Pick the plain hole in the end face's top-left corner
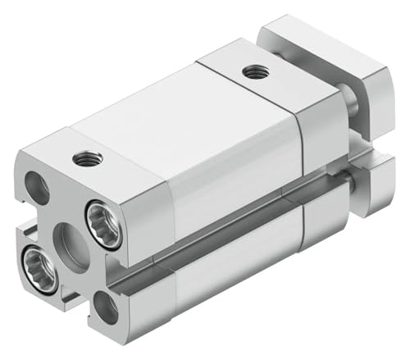[37, 188]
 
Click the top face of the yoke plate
[312, 38]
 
